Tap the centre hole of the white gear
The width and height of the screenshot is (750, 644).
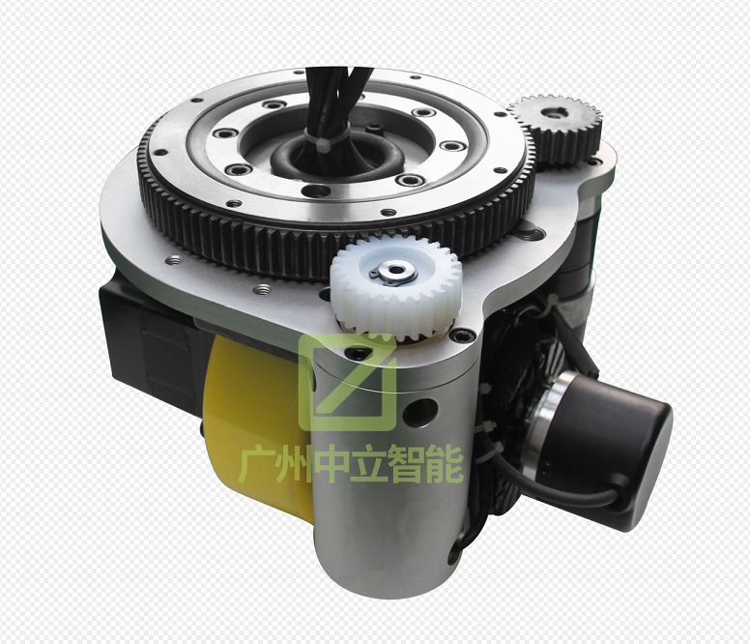pyautogui.click(x=395, y=271)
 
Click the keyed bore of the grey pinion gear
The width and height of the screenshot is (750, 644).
pyautogui.click(x=555, y=114)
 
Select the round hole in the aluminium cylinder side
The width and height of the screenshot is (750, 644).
pyautogui.click(x=421, y=413)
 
